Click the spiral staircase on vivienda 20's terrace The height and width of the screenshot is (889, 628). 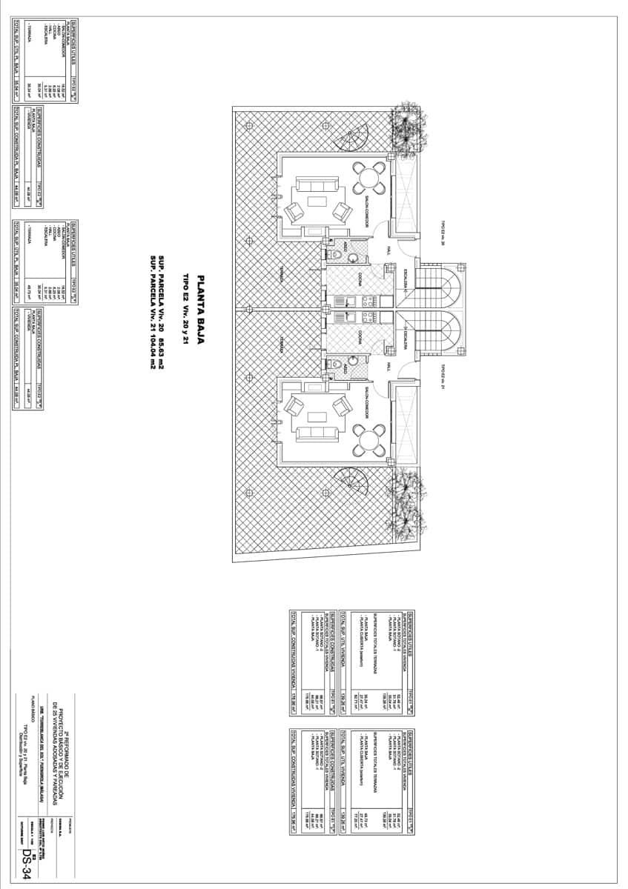click(353, 139)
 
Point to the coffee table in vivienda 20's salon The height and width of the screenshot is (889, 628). click(317, 201)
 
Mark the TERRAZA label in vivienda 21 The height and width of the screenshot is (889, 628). click(281, 344)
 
